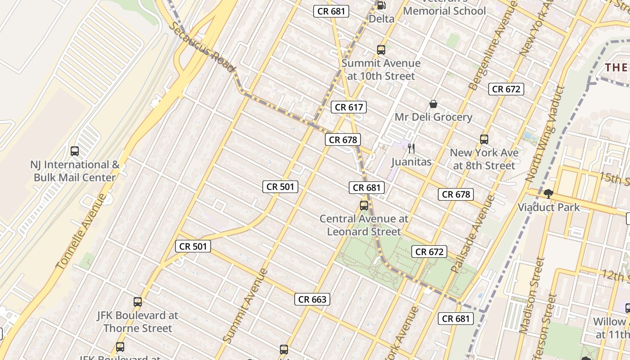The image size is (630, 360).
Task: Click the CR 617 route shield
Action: point(349,107)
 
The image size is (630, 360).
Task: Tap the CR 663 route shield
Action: point(312,299)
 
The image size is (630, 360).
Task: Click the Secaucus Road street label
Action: point(202,46)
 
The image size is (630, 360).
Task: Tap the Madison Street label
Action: point(531,295)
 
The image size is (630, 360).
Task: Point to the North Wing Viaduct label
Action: point(544,133)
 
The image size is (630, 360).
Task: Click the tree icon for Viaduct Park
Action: point(548,194)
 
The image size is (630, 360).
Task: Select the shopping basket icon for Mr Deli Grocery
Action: point(433,104)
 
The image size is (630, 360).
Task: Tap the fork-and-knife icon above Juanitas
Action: point(411,148)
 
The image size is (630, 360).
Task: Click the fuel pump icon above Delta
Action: point(381,5)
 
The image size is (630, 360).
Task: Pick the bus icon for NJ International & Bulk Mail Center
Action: point(75,151)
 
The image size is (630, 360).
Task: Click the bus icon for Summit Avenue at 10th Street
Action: point(381,50)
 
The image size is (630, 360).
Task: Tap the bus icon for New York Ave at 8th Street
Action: point(484,139)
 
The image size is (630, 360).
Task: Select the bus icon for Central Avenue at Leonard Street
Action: point(364,206)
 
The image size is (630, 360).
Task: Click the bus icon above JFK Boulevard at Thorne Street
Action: point(138,302)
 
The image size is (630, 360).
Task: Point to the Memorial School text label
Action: point(445,11)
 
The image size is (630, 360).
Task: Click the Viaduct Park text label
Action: point(549,207)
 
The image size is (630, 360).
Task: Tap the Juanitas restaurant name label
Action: point(411,162)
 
